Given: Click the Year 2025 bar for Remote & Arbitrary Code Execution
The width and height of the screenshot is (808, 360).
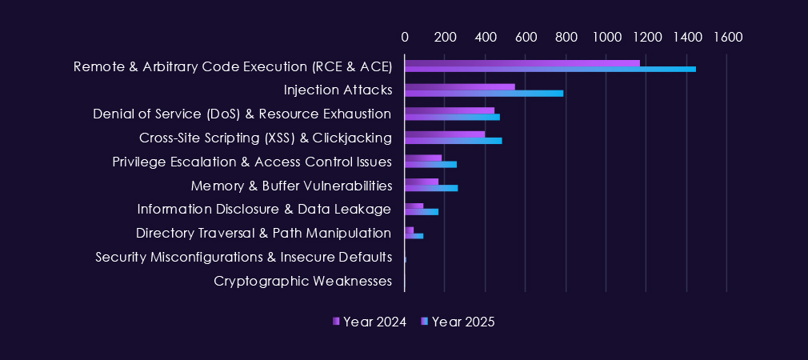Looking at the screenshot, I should coord(550,70).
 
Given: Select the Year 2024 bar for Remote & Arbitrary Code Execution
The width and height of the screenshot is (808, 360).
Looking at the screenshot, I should coord(522,62).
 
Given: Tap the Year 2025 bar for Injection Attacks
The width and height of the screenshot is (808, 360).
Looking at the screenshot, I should coord(484,93).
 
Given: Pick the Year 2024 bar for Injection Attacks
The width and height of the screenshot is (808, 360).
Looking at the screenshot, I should coord(460,86).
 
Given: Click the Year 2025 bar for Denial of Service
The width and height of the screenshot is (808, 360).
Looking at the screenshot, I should coord(452,117).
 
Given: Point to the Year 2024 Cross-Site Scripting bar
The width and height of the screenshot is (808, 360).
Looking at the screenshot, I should coord(445,134).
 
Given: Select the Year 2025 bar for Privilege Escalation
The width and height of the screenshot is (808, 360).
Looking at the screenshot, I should coord(430,164).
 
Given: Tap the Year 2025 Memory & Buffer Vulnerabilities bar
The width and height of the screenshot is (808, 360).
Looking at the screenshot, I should coord(431,188).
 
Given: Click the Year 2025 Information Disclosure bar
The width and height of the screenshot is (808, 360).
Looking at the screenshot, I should coord(422,212).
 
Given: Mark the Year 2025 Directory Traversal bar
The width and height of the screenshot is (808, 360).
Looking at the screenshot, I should coord(414,235).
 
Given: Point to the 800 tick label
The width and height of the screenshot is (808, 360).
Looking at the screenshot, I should coord(565,37).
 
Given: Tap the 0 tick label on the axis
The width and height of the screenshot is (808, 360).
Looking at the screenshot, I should coord(405,37).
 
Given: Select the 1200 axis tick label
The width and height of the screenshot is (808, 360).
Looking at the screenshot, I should coord(646,37).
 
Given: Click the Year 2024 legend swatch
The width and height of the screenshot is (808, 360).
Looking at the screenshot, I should coord(336,322).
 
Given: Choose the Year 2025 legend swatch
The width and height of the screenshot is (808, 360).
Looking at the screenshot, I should coord(425,322).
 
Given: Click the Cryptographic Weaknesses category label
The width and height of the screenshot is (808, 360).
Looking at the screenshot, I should coord(302,281).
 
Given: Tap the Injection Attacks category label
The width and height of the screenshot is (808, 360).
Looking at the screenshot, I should coord(338,90).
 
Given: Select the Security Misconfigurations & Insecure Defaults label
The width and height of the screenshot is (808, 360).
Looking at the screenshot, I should coord(243,257).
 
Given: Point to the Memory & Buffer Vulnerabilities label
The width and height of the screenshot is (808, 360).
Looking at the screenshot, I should coord(291,186).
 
